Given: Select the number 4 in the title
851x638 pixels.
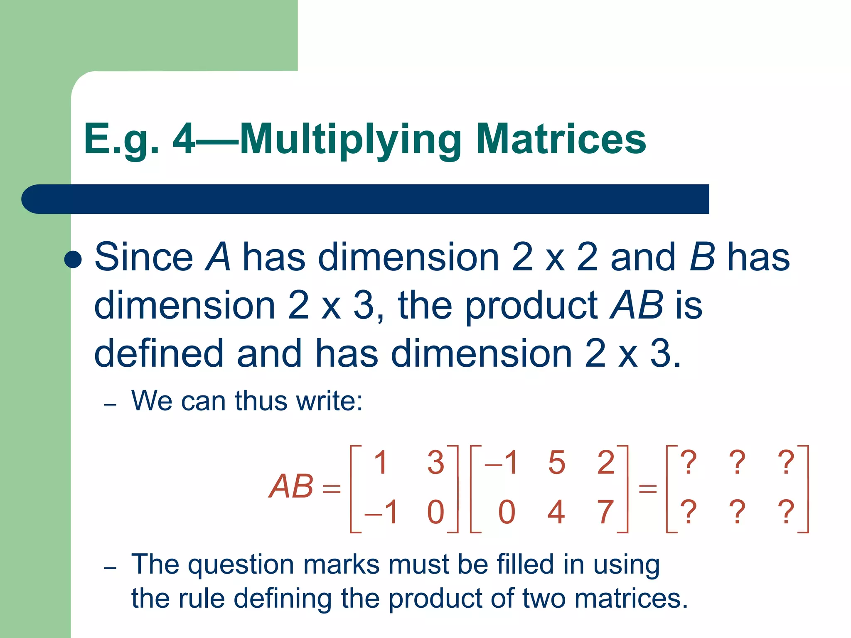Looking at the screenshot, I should coord(184,139).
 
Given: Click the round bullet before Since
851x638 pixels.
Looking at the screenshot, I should coord(73,259).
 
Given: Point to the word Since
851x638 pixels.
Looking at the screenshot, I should coord(143,257).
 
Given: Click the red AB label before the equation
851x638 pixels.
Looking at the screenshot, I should coord(291,486).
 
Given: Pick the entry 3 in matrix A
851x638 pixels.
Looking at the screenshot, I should coord(435,462).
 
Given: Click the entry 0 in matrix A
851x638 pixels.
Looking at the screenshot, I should coord(435,512).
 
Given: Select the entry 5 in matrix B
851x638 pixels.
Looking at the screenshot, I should coord(556,462).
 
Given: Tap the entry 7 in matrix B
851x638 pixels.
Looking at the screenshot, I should coord(605,512).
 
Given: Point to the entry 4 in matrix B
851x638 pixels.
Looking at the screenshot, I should coord(556,512).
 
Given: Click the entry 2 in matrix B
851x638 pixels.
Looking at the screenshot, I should coord(605,462).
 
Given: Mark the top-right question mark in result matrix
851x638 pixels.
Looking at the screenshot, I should coord(786,462).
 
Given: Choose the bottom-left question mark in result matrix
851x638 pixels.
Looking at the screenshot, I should coord(689,512).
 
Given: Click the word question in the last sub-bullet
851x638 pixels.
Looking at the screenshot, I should coord(241,565).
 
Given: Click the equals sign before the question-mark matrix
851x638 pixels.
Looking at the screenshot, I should coord(647,488).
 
